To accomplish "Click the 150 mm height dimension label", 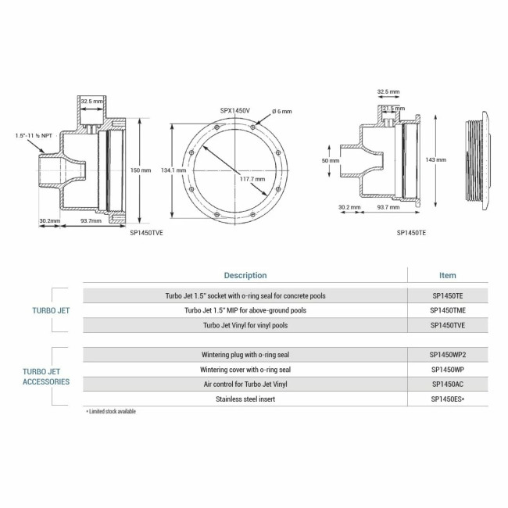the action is [141, 170].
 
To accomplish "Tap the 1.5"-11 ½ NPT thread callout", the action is [34, 135].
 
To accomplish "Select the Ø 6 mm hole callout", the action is [282, 112].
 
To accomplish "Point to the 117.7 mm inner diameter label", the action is [252, 179].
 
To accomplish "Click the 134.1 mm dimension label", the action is [174, 170].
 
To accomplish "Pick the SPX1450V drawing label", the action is [235, 111].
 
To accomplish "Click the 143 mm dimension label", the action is [436, 159].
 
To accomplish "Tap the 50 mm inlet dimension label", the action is [331, 161].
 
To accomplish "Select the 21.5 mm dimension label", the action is [394, 108].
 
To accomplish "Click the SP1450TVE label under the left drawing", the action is [146, 233].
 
